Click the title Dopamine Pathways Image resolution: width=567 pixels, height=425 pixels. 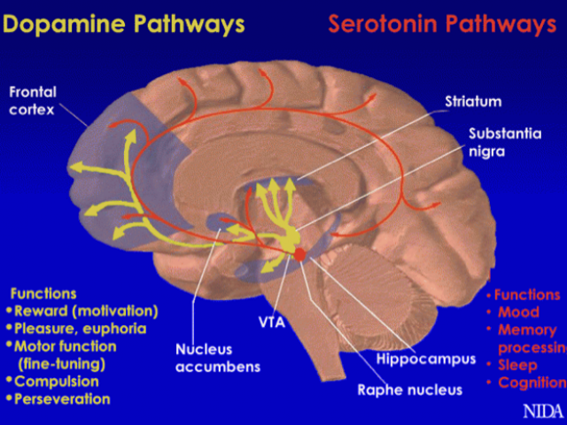[x=123, y=24]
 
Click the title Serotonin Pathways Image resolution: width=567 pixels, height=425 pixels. [x=442, y=24]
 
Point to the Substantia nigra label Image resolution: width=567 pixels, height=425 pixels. [x=504, y=142]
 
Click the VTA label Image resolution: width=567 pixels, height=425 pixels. [x=271, y=321]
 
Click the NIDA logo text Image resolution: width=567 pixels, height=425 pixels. [x=541, y=411]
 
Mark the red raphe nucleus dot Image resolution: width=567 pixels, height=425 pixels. [x=299, y=254]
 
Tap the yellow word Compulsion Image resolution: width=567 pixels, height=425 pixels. [x=57, y=381]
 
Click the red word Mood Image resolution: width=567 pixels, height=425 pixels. [x=518, y=313]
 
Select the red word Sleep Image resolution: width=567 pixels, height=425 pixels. [x=517, y=365]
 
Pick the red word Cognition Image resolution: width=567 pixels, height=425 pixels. [x=532, y=382]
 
